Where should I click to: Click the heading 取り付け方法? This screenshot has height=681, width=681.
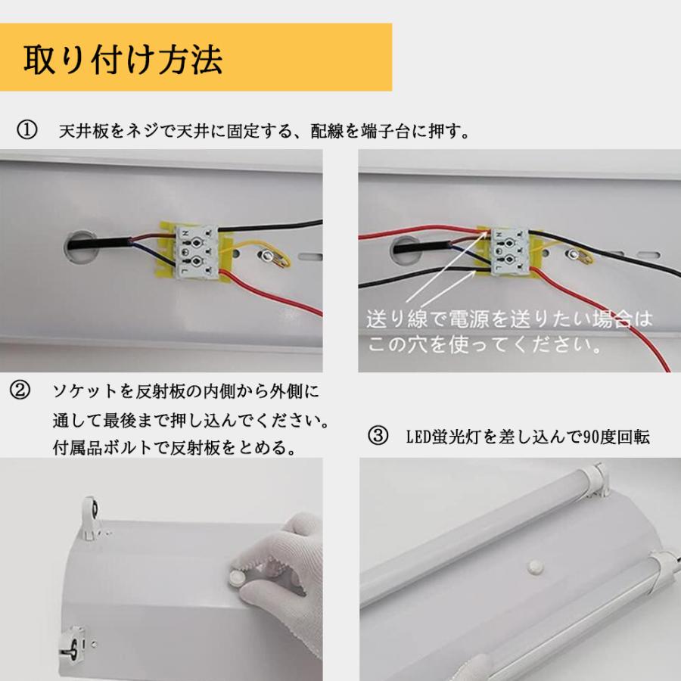pos(123,59)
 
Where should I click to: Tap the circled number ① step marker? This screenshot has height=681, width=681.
pos(27,130)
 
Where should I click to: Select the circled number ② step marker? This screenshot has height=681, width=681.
pos(20,390)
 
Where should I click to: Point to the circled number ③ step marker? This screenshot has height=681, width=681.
pos(378,436)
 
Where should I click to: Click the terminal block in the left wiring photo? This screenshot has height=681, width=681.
pos(196,251)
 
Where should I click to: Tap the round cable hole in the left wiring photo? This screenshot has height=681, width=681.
pos(79,247)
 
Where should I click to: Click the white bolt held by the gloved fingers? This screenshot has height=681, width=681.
pos(237,577)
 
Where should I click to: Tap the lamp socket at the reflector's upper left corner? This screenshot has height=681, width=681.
pos(90,518)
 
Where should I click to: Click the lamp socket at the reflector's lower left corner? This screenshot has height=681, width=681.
pos(72,645)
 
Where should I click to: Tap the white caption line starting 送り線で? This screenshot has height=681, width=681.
pos(509,319)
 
